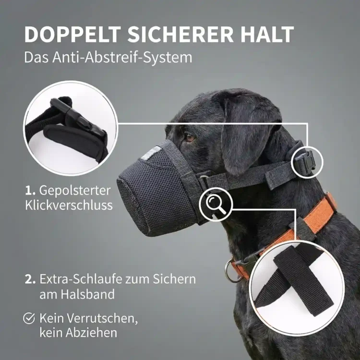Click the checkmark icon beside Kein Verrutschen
(30, 318)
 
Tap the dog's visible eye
(191, 137)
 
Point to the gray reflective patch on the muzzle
(153, 153)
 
